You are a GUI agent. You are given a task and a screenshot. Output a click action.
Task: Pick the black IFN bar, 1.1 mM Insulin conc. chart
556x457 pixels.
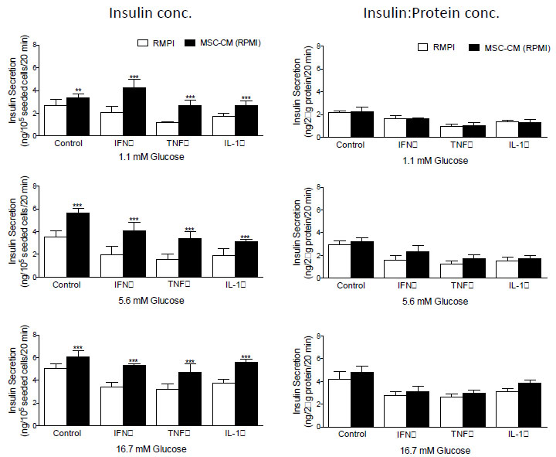click(x=134, y=113)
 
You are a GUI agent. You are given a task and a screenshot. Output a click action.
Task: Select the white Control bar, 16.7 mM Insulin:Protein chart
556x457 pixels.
click(x=338, y=399)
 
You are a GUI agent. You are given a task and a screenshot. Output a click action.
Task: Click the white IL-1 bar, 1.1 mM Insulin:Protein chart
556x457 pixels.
click(x=507, y=129)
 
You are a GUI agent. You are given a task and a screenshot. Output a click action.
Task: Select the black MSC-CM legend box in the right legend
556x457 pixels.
click(x=470, y=49)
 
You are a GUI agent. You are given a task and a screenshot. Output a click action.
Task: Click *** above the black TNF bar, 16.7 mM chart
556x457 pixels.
click(x=190, y=362)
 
